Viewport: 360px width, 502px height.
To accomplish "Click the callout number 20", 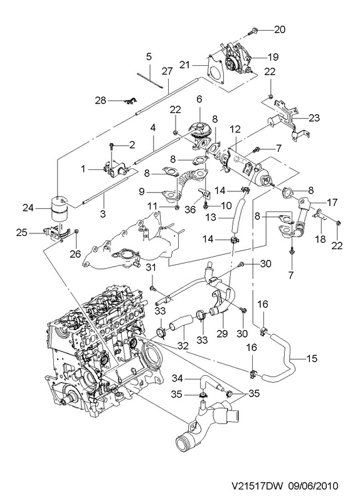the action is [279, 29].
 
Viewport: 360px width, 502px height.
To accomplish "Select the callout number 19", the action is [273, 57].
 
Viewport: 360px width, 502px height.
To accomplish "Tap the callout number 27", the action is [167, 71].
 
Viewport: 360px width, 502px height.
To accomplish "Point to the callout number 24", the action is [28, 208].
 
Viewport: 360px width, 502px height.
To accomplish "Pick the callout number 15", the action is [311, 358].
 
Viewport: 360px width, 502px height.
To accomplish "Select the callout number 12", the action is [235, 130].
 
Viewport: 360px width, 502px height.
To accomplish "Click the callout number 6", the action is [199, 99].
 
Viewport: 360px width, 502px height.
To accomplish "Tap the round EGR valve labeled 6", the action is [199, 129].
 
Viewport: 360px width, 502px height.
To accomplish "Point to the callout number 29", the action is [222, 334].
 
